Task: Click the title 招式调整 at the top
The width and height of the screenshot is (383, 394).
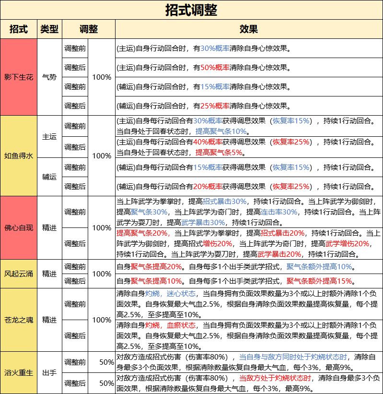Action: click(191, 10)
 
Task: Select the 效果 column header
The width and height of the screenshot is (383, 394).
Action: click(248, 29)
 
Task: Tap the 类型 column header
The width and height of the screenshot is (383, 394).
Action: click(49, 29)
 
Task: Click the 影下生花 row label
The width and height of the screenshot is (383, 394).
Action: click(19, 77)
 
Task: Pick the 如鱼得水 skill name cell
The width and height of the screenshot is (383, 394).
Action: click(19, 155)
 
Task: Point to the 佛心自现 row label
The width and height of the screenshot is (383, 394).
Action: click(19, 227)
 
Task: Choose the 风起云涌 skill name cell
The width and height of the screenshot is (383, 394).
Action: click(19, 274)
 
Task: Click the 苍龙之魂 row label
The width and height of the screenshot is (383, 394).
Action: click(19, 319)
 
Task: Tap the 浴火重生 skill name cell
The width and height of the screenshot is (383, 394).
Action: click(19, 372)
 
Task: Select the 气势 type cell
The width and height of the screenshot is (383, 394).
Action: click(49, 77)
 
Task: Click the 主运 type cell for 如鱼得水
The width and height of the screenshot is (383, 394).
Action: click(49, 136)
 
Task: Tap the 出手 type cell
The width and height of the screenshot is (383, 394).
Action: click(49, 372)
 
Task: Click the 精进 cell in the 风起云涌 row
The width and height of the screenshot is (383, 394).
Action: click(49, 274)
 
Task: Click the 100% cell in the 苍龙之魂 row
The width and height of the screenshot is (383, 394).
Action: click(102, 320)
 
